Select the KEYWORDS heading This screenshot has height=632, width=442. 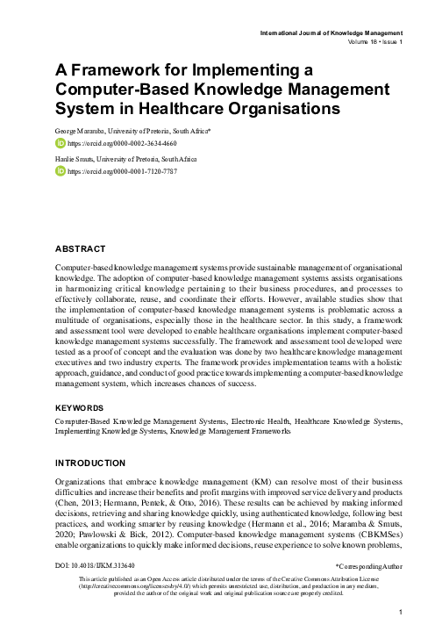coord(79,408)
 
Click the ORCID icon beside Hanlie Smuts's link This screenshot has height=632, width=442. coord(61,170)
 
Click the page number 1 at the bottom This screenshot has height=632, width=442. coord(400,611)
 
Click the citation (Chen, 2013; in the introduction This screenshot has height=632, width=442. coord(79,494)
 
